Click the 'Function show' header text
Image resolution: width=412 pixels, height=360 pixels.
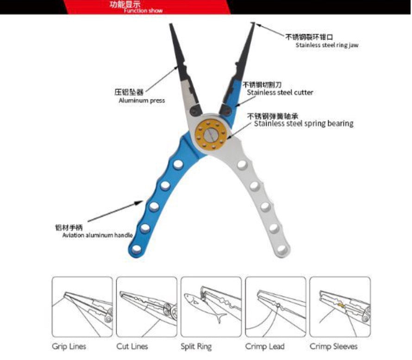[143, 11]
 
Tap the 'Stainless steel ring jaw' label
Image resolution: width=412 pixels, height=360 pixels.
[327, 45]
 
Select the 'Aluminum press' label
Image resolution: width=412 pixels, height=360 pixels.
[142, 100]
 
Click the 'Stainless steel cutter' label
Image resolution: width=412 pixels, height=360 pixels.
[280, 93]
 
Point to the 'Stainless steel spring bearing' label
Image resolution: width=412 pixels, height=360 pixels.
[303, 124]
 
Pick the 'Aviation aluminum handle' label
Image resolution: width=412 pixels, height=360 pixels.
[98, 235]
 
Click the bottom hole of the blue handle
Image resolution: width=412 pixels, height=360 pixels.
[137, 249]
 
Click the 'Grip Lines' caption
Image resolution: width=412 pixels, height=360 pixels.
[69, 346]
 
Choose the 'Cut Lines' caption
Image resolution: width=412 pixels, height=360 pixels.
[132, 346]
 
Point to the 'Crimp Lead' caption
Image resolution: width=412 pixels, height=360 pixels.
[265, 346]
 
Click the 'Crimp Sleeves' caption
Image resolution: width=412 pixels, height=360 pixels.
[333, 346]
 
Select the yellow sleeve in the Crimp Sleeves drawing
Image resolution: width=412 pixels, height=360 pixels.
[340, 305]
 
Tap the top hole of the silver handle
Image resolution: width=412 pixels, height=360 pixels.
[241, 164]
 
